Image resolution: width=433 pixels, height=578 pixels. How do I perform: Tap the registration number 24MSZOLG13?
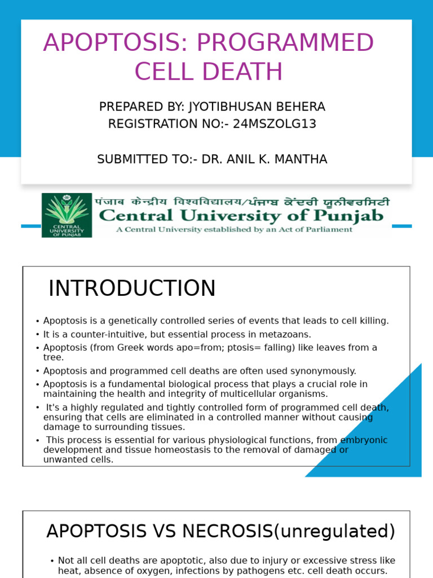275,124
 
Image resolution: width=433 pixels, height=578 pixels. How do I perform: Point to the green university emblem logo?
67,215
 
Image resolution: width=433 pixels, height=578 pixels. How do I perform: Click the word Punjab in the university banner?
352,216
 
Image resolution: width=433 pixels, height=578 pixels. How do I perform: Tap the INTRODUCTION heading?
132,288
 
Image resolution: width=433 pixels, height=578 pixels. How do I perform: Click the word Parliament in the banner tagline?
330,230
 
